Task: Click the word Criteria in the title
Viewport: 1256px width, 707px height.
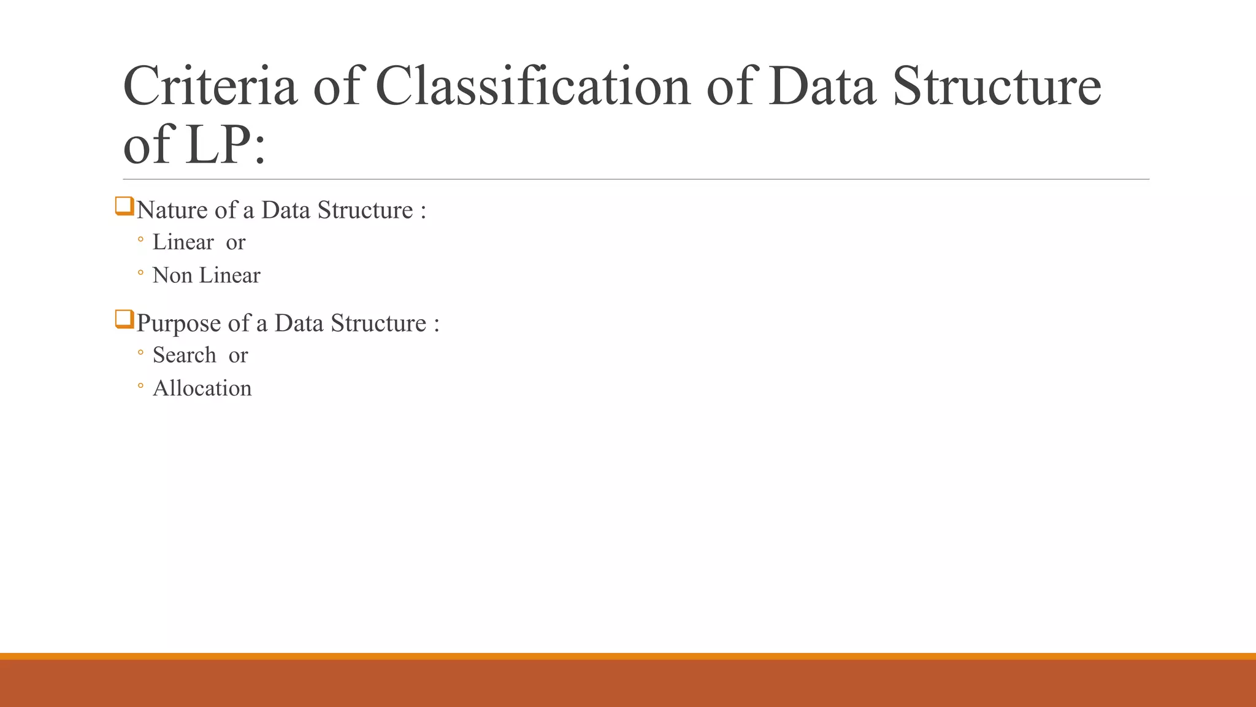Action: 210,86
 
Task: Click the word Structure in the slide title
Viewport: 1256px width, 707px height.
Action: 997,86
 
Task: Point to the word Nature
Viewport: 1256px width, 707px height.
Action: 172,211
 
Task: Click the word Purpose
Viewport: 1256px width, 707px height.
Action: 178,323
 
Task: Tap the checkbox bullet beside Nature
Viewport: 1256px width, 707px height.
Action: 124,206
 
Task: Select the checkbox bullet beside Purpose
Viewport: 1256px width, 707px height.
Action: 124,320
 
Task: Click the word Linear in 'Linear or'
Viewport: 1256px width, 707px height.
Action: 183,242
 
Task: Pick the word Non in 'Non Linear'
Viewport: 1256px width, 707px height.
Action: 172,276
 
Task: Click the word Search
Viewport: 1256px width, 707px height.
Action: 184,355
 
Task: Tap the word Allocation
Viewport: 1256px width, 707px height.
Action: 202,388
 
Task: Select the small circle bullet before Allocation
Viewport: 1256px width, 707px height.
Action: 140,386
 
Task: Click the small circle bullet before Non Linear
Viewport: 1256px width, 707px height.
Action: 140,272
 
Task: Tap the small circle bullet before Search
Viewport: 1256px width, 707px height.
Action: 140,352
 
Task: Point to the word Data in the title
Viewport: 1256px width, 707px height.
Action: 822,86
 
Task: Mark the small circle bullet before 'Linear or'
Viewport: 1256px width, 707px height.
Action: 140,239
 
